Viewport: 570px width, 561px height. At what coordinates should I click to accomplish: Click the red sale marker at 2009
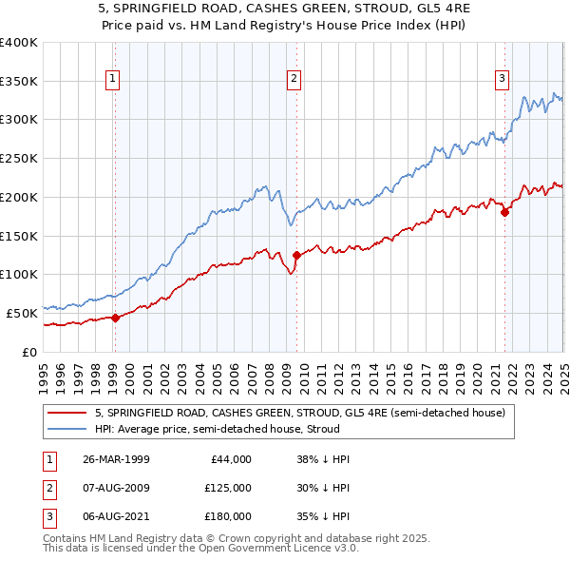coord(296,255)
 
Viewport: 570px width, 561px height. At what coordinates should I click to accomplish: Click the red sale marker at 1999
coord(115,318)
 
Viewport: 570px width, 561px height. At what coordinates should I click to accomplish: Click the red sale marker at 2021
coord(504,213)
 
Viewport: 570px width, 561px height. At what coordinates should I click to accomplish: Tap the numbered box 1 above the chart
coord(113,79)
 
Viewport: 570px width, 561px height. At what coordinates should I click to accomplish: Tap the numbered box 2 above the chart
coord(294,79)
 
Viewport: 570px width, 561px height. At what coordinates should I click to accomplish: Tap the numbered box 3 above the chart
coord(503,79)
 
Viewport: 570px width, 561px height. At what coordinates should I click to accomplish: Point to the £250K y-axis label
coord(18,158)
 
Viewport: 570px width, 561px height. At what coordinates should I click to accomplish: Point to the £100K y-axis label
coord(18,274)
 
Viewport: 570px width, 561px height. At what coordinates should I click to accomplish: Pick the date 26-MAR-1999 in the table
coord(117,459)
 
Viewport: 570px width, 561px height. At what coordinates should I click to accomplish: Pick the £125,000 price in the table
coord(228,488)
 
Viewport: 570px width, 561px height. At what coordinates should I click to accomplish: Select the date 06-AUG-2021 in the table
coord(117,517)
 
